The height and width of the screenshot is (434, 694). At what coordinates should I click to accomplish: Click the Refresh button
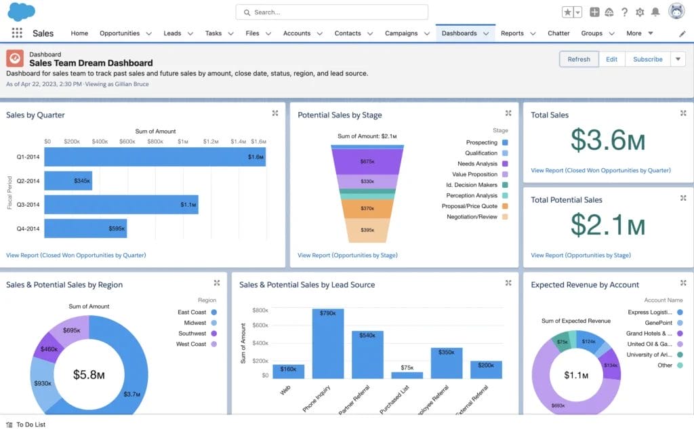[579, 59]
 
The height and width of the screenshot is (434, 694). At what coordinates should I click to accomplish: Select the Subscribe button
[647, 59]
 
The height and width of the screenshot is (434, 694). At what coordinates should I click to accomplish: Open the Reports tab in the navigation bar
[512, 33]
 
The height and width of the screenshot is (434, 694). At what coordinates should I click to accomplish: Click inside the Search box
[332, 12]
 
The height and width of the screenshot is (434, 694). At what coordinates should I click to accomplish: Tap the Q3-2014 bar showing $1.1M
[121, 204]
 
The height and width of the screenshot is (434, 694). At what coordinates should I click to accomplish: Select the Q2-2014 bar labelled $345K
[68, 181]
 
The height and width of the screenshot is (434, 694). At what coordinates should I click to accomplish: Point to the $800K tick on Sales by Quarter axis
[155, 142]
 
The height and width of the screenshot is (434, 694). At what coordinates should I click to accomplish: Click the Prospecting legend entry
[482, 142]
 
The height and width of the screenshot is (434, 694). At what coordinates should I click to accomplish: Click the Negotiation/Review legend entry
[472, 217]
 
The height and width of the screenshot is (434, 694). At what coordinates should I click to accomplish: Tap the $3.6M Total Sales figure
[607, 140]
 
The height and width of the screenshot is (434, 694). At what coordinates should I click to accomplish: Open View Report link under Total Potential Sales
[580, 256]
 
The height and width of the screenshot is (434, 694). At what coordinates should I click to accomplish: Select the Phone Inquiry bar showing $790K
[327, 342]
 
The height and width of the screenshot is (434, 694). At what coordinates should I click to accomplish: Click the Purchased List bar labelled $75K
[407, 374]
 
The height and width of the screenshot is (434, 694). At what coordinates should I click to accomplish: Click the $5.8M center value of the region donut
[89, 374]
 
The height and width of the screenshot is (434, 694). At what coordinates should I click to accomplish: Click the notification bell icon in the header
[655, 12]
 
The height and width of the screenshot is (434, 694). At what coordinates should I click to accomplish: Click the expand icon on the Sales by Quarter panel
[275, 113]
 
